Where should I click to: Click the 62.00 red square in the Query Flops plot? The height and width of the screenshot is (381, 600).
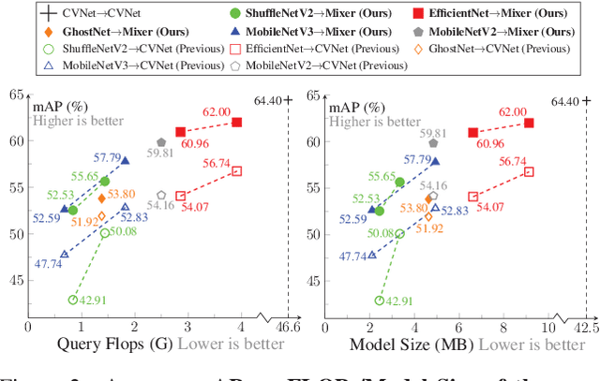237,123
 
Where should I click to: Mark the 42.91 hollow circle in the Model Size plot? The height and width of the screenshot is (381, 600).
379,300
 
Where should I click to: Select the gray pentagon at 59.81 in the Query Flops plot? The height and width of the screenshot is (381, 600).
161,142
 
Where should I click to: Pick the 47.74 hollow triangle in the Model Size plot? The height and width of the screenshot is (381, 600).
372,254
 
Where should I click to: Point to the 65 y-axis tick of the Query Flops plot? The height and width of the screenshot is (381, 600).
17,95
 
